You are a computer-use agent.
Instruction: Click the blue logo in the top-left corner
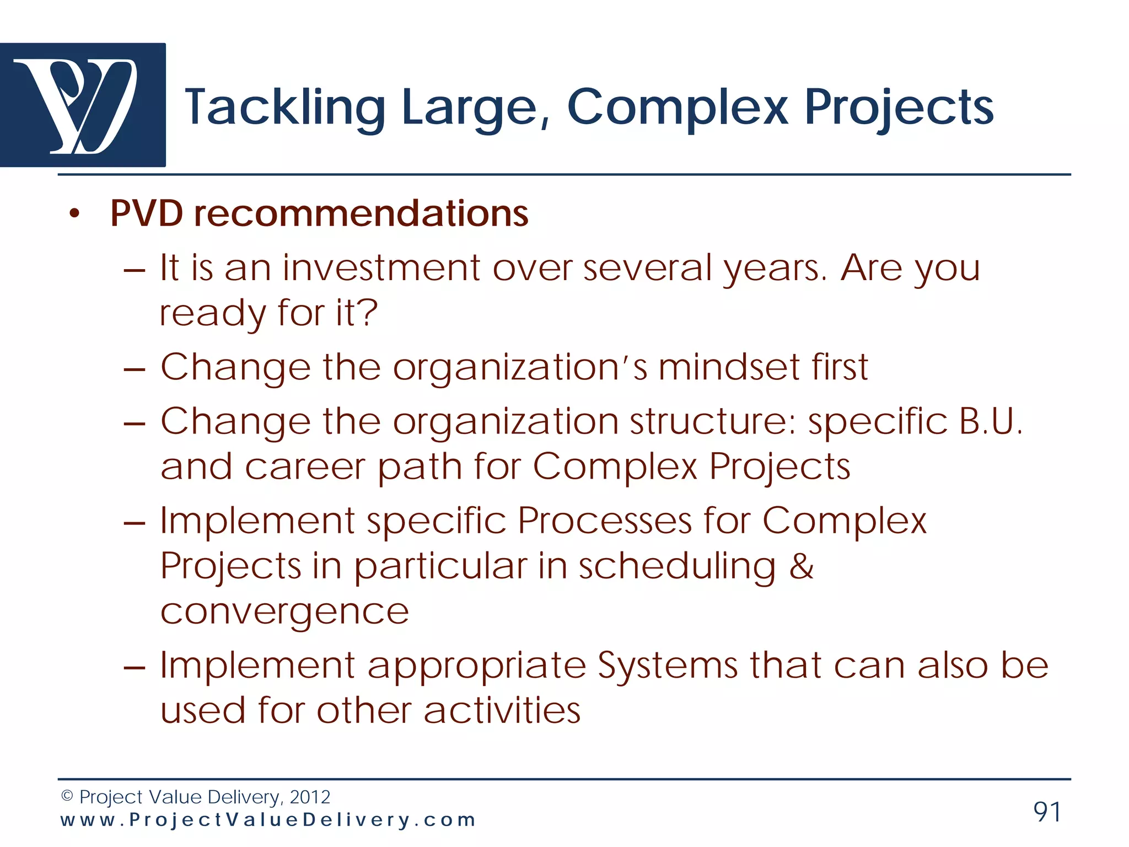(x=83, y=105)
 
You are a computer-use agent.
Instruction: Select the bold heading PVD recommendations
(x=319, y=213)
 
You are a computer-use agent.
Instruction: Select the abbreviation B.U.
(x=991, y=422)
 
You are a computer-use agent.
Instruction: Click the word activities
(x=502, y=710)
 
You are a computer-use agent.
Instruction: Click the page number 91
(x=1047, y=812)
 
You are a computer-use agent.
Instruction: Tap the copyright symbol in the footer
(x=67, y=796)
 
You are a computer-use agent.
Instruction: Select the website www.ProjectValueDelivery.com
(x=268, y=820)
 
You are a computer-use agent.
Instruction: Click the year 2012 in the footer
(x=310, y=797)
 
